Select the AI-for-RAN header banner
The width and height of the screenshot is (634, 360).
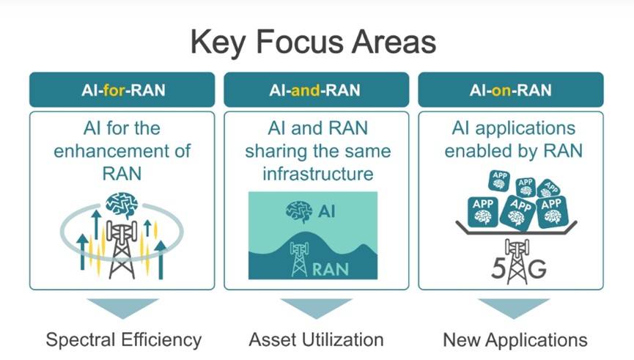point(122,90)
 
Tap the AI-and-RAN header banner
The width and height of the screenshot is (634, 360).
point(316,90)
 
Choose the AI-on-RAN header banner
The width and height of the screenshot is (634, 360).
point(510,90)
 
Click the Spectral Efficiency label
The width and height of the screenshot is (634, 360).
point(123,339)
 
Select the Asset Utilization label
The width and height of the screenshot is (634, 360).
point(316,339)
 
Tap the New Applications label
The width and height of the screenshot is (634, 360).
point(515,340)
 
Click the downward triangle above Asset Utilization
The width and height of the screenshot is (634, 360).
point(316,306)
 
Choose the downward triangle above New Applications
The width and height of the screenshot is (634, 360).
point(511,306)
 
